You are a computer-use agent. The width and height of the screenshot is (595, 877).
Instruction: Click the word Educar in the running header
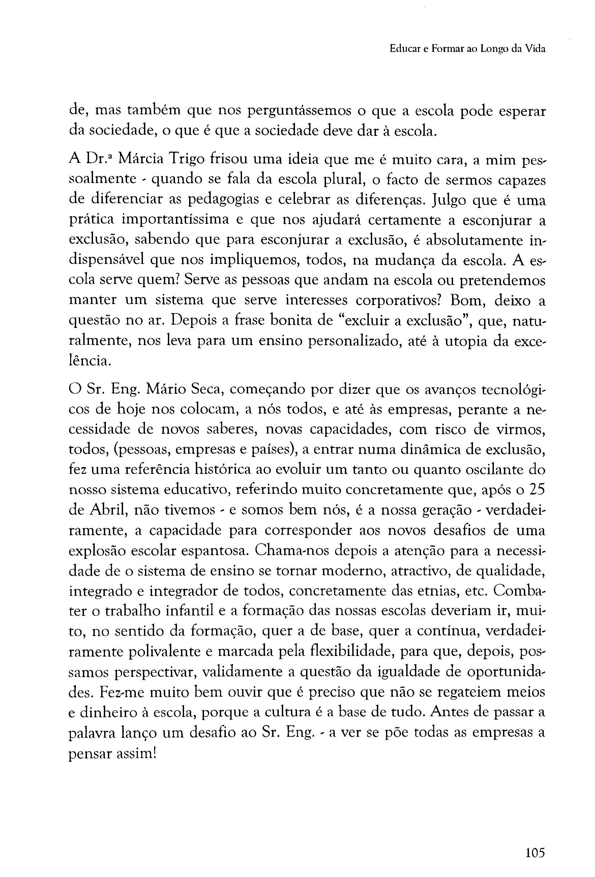(x=403, y=50)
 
